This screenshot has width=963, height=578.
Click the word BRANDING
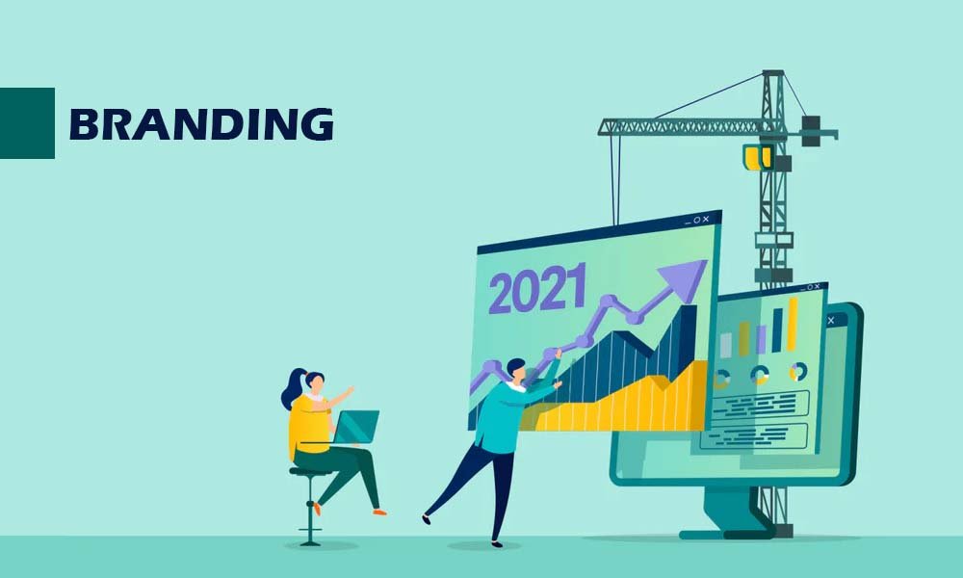click(x=201, y=124)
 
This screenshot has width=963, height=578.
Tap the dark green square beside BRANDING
click(x=27, y=123)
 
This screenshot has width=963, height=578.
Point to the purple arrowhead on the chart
click(x=686, y=277)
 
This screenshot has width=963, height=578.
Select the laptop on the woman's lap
click(x=355, y=427)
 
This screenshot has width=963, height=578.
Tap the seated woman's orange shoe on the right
click(x=379, y=512)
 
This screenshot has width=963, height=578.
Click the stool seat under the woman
click(x=310, y=471)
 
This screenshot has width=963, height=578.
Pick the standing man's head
click(x=516, y=370)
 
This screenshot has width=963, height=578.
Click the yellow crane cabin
click(x=757, y=157)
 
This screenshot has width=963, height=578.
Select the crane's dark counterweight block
click(x=811, y=131)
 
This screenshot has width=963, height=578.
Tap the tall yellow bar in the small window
click(x=793, y=325)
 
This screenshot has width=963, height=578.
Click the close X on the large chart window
click(x=706, y=219)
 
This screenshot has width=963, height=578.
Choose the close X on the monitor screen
click(x=831, y=321)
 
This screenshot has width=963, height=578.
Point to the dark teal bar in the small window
click(x=777, y=330)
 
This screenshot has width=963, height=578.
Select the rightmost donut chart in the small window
click(x=798, y=372)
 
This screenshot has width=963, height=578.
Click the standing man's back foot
click(x=427, y=519)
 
